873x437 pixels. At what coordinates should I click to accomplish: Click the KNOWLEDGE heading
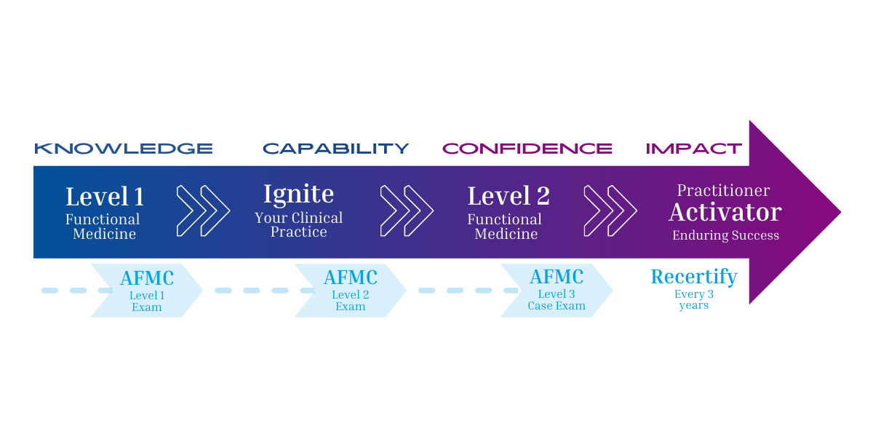pos(124,149)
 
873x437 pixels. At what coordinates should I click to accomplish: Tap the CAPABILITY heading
pos(336,149)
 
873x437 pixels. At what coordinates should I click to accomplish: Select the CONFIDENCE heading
pos(527,149)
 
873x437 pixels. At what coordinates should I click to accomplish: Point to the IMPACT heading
pos(694,149)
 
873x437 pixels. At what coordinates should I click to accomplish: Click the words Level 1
pos(105,197)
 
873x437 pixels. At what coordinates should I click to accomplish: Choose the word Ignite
pos(298,194)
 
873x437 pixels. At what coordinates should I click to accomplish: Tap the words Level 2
pos(509,197)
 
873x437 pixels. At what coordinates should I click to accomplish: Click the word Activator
pos(725,213)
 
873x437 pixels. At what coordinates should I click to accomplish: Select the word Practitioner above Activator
pos(723,191)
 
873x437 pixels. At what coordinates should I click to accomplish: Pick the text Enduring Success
pos(725,235)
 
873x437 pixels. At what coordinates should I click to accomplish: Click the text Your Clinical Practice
pos(298,225)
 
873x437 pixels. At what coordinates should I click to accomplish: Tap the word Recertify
pos(694,277)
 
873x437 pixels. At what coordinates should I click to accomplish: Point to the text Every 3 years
pos(693,300)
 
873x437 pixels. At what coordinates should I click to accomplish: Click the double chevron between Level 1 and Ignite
pos(203,211)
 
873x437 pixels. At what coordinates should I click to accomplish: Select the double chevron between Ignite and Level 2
pos(407,211)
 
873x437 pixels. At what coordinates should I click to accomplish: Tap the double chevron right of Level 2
pos(610,211)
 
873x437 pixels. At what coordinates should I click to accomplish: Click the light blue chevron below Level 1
pos(145,291)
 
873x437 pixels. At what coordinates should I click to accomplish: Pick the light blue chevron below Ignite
pos(349,291)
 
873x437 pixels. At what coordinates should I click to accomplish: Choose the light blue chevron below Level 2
pos(557,291)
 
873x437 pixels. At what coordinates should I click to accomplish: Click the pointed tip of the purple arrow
pos(837,212)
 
